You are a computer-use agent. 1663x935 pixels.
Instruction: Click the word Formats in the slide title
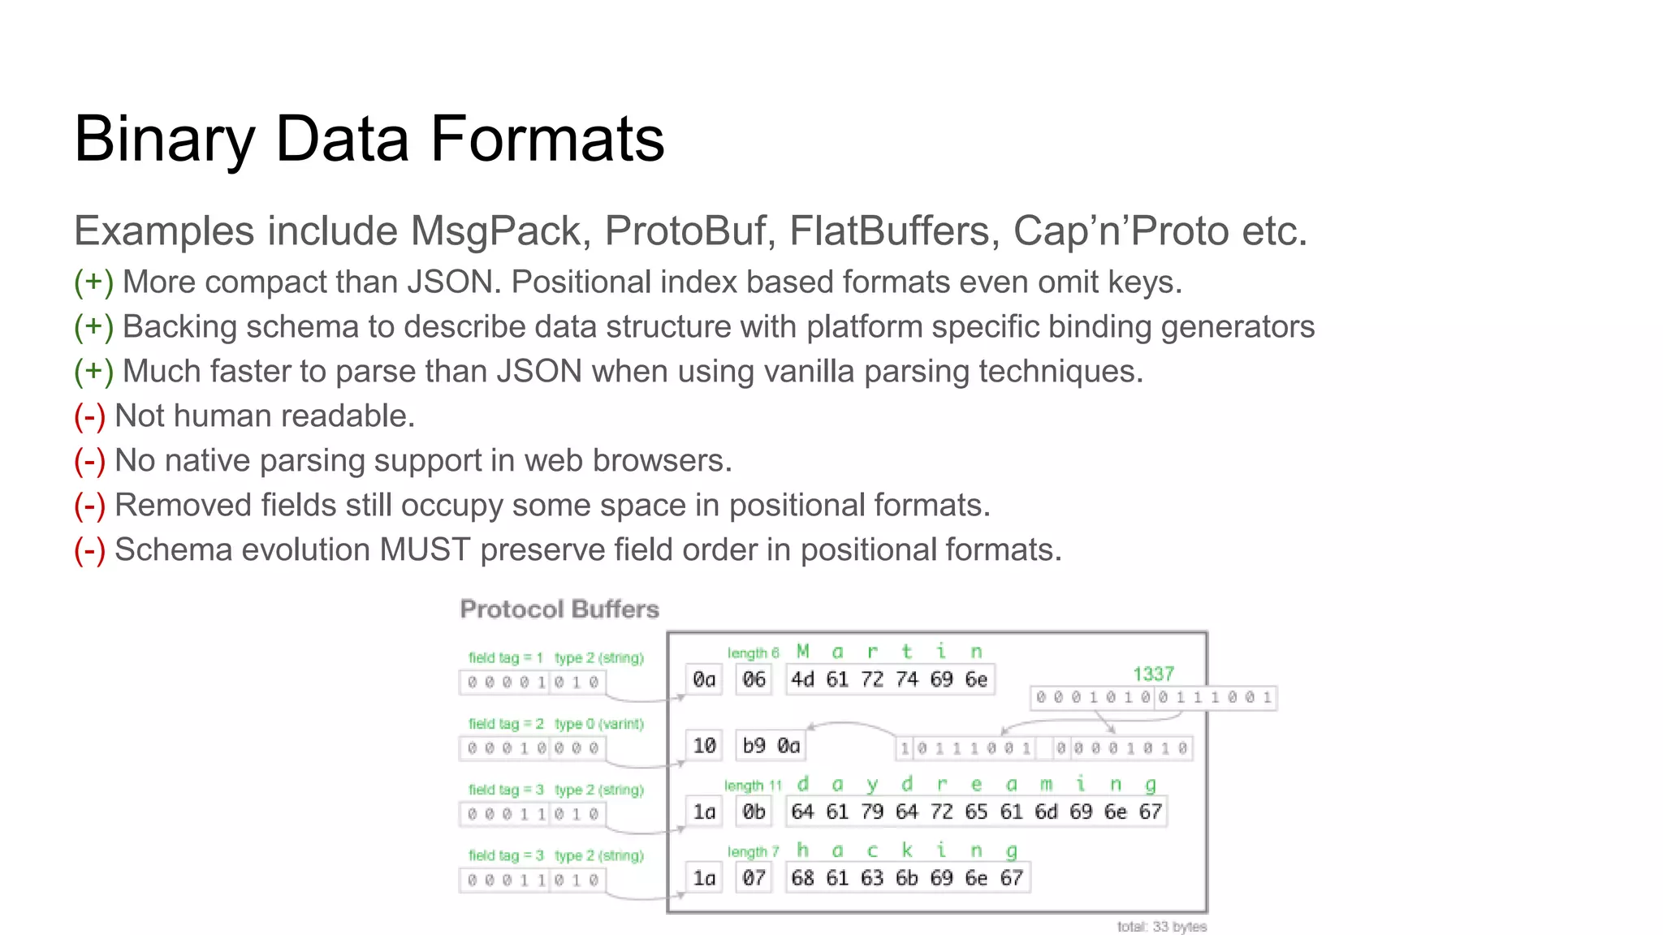coord(546,139)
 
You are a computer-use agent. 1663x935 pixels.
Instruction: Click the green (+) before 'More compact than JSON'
coord(93,282)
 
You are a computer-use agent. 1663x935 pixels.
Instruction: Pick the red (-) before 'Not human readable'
coord(89,416)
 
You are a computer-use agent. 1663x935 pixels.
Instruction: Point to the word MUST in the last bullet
coord(425,550)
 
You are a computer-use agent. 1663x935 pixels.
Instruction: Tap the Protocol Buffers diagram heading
coord(559,610)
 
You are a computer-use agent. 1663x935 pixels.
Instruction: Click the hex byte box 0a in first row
coord(704,679)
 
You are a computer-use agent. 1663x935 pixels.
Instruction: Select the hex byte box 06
coord(754,679)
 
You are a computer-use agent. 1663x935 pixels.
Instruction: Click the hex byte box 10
coord(704,745)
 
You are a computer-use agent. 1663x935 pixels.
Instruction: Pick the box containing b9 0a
coord(771,745)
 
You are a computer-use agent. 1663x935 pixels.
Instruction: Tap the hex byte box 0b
coord(754,812)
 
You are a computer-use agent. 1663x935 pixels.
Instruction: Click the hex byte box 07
coord(754,877)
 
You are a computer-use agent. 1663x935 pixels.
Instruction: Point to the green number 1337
coord(1153,674)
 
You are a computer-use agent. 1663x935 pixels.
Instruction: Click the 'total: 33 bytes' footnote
coord(1161,927)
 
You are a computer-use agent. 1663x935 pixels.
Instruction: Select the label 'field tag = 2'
coord(506,724)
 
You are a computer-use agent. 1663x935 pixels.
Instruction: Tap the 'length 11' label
coord(753,786)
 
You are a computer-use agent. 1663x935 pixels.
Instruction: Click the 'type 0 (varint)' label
coord(599,724)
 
